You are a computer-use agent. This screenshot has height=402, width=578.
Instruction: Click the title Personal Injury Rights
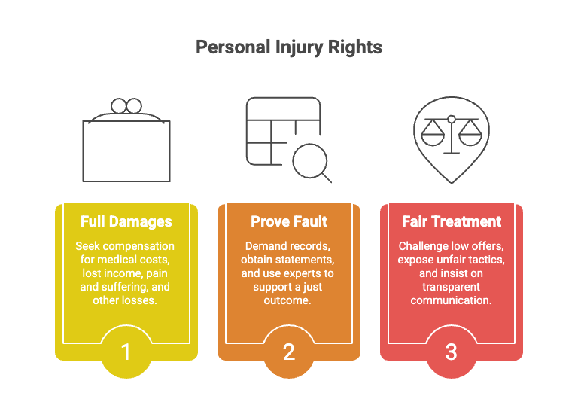tap(289, 47)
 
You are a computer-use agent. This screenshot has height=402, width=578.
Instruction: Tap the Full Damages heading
tap(126, 221)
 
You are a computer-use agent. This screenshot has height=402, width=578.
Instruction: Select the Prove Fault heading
tap(289, 221)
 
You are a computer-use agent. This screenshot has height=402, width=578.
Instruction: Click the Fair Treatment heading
tap(452, 221)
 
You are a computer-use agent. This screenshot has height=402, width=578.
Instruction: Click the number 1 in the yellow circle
tap(126, 352)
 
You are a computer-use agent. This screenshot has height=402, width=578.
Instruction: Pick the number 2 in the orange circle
tap(289, 352)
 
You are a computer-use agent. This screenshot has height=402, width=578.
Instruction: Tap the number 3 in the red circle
tap(452, 352)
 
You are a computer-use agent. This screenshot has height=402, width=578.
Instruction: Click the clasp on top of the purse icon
tap(126, 105)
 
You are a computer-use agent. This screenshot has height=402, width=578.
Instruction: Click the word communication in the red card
tap(452, 300)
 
